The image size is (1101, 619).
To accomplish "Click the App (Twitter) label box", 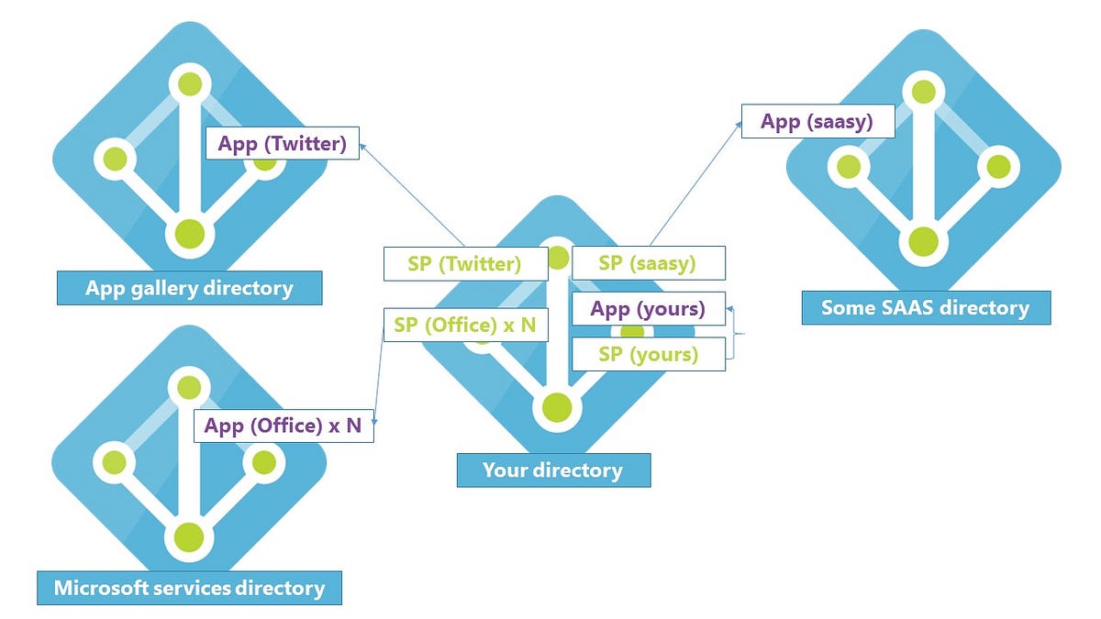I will [x=282, y=144].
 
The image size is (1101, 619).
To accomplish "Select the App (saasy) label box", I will [x=817, y=121].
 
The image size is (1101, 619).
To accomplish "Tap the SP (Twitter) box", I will [x=465, y=264].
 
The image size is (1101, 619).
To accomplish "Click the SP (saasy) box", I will [x=648, y=263].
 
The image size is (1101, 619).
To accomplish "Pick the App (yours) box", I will [x=648, y=309].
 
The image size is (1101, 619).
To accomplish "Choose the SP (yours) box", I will [x=648, y=354].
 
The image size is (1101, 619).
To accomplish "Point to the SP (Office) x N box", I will [x=465, y=325].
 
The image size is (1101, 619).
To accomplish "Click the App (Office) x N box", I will [x=284, y=426].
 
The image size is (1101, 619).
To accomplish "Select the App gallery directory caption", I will [x=189, y=288].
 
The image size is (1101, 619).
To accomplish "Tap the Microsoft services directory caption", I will [x=189, y=587].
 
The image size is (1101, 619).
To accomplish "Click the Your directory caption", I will [x=553, y=470].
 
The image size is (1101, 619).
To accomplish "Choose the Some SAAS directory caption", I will [x=925, y=307].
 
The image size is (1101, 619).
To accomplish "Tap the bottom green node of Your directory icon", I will [x=555, y=406].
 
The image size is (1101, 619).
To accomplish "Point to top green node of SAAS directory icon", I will [x=923, y=92].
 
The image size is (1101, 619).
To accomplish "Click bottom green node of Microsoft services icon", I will [x=189, y=535].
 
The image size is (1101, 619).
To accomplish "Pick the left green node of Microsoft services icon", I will [x=115, y=459].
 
